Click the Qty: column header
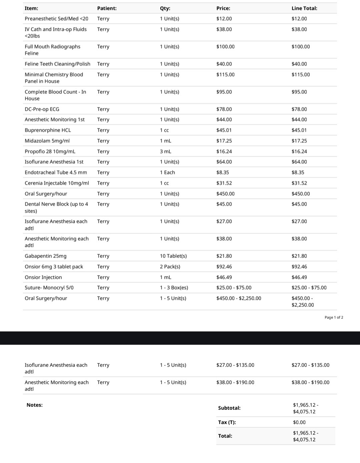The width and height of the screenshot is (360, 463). coord(165,8)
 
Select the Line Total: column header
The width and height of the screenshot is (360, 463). coord(304,8)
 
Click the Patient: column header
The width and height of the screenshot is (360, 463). coord(107,8)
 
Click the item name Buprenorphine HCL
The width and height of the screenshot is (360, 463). coord(48,130)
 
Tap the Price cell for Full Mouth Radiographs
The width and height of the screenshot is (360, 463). coord(225,47)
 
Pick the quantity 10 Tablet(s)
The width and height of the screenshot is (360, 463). coord(173,256)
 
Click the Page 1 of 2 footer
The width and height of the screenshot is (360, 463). coord(334,317)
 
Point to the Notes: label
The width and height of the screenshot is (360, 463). coord(35,405)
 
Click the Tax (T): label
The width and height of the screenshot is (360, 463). coord(227,422)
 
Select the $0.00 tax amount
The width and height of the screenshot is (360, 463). coord(299,422)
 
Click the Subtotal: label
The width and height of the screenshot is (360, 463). coord(229,408)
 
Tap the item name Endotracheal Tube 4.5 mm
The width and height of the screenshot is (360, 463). coord(56,173)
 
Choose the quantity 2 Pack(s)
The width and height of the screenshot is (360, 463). coord(170,267)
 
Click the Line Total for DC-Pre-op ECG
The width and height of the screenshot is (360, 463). coord(299,109)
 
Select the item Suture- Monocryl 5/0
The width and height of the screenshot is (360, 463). coord(49,288)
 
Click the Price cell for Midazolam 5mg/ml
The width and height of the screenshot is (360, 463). coord(224,141)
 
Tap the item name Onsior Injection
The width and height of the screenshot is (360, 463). coord(43,277)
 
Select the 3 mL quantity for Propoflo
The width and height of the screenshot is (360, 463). coord(165,152)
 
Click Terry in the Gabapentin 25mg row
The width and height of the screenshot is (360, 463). coord(103,256)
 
